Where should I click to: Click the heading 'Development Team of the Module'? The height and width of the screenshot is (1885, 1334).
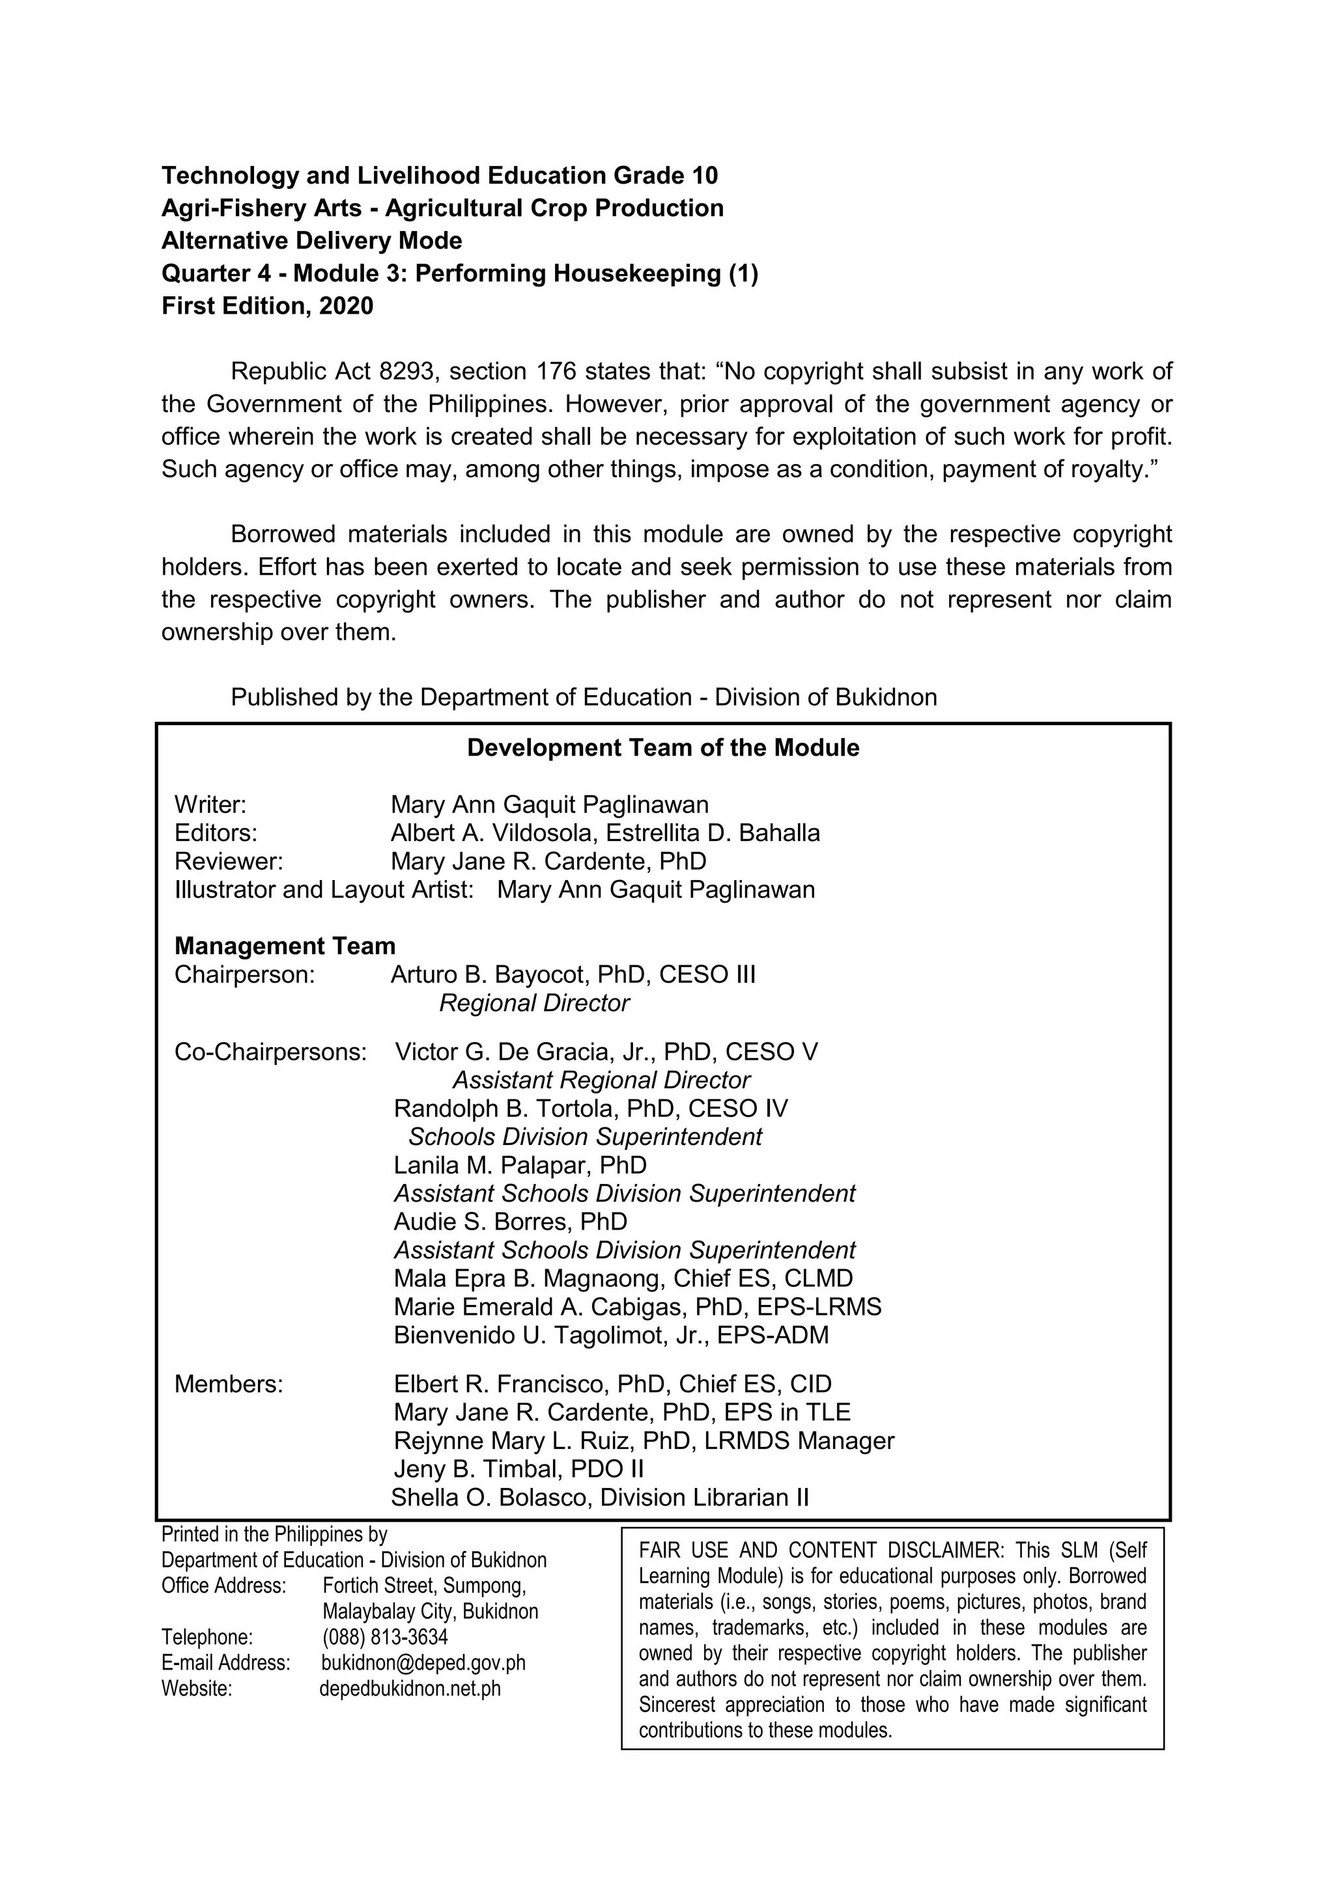663,748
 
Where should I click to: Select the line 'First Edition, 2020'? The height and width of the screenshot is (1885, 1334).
267,306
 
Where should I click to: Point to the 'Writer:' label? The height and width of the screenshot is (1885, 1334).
210,805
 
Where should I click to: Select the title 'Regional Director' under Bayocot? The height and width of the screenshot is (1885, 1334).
534,1003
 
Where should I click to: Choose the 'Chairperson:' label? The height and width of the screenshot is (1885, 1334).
245,974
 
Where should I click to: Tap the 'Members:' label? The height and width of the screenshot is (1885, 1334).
229,1384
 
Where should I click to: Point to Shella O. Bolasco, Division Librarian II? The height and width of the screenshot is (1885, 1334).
600,1498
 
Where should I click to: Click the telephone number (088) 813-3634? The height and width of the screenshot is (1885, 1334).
385,1637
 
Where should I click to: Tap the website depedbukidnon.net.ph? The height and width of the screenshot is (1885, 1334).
409,1689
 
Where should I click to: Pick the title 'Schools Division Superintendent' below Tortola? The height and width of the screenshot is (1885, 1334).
585,1137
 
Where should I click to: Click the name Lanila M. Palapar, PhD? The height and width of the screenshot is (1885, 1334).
520,1165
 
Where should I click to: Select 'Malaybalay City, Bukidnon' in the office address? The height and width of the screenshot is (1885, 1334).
430,1612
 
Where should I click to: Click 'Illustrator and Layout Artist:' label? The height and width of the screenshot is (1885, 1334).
324,890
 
